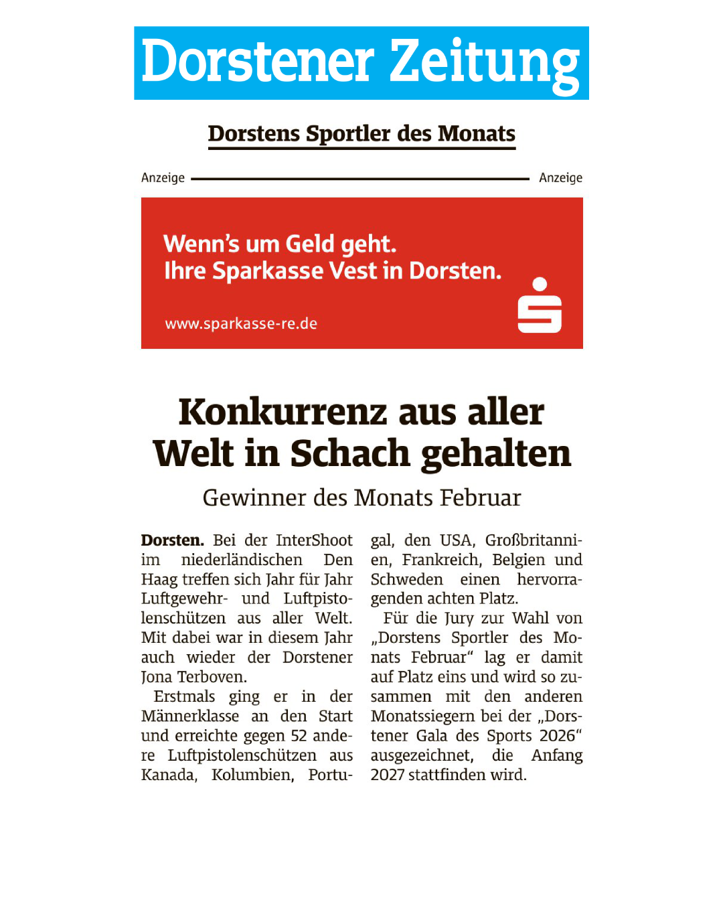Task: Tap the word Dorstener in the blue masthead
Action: click(x=258, y=62)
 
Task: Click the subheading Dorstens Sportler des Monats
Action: click(x=361, y=133)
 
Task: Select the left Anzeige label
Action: click(x=163, y=177)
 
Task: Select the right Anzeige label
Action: click(x=560, y=177)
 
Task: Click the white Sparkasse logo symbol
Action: click(x=540, y=306)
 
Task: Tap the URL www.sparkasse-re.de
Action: click(x=241, y=323)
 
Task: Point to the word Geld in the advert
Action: click(x=309, y=244)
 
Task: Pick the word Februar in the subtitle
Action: click(x=480, y=498)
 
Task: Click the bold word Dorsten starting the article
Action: click(x=172, y=540)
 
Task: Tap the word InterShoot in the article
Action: click(x=314, y=540)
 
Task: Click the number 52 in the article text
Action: click(x=299, y=736)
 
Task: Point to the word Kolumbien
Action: click(x=252, y=775)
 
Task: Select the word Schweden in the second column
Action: click(x=406, y=579)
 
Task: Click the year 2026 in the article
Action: click(x=557, y=736)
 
